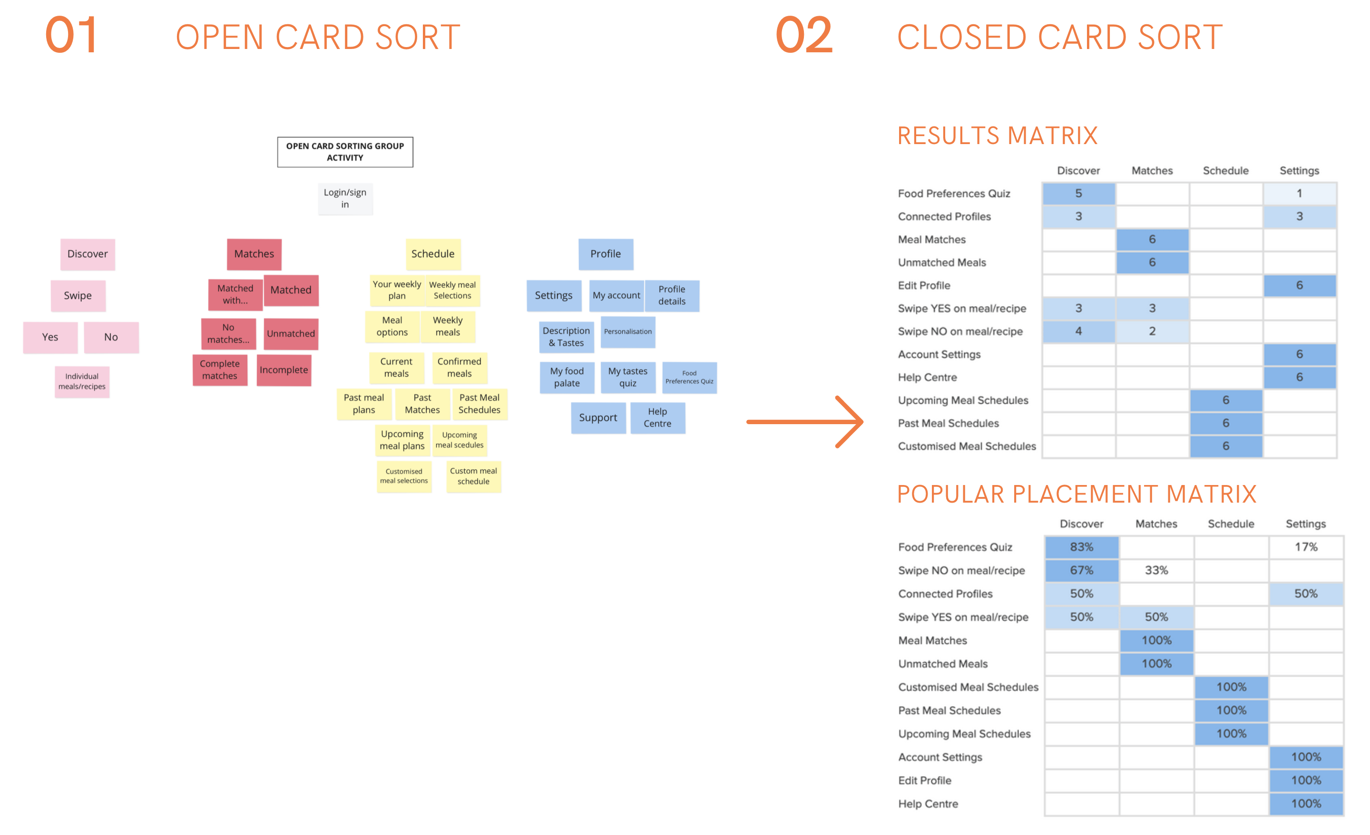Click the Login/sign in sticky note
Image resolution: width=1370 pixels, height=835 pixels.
345,198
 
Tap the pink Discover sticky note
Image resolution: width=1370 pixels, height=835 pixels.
88,254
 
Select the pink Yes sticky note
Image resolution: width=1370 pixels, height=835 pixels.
50,337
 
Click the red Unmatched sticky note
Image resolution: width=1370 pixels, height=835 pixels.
290,333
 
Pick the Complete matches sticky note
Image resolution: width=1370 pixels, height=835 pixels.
220,369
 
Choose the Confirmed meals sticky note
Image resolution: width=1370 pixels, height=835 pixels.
459,368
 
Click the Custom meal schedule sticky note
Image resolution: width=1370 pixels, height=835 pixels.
473,476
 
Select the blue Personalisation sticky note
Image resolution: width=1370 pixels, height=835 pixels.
628,332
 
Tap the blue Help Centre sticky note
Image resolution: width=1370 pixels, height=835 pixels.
657,417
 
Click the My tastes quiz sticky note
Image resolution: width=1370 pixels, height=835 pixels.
628,377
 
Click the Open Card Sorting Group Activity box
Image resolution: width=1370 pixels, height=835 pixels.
345,152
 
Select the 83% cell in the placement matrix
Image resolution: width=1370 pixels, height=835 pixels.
1081,547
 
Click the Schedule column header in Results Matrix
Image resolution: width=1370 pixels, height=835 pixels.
1225,171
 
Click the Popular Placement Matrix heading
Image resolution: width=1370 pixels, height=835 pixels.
1076,494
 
